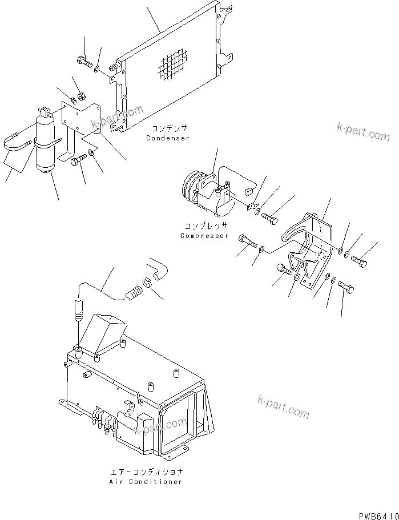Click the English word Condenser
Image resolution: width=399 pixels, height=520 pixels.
coord(167,138)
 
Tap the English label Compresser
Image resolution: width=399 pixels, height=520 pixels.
coord(204,236)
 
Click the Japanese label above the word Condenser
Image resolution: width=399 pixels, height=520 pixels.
coord(170,129)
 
